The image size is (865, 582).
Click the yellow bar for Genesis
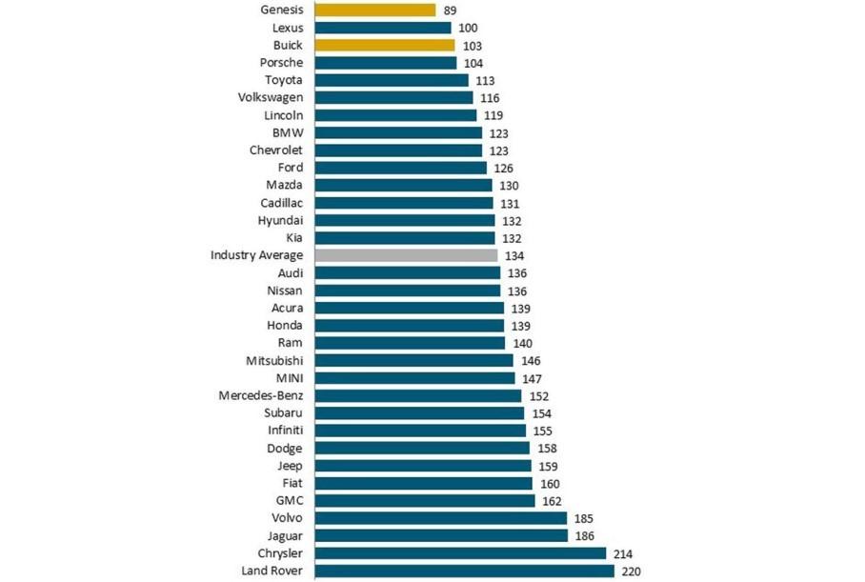374,10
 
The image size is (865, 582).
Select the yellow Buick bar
385,46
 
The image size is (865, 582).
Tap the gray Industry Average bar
406,255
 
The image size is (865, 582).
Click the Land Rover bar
464,571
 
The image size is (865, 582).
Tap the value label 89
451,10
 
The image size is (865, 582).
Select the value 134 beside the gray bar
514,255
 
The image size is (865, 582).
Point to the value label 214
623,553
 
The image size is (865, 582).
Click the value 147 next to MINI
532,378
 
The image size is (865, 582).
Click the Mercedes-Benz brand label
260,395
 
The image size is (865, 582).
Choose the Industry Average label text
256,255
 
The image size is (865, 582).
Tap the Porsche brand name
281,63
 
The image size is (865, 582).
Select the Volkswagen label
271,98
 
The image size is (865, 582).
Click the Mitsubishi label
274,360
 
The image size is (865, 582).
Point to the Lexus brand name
287,29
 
